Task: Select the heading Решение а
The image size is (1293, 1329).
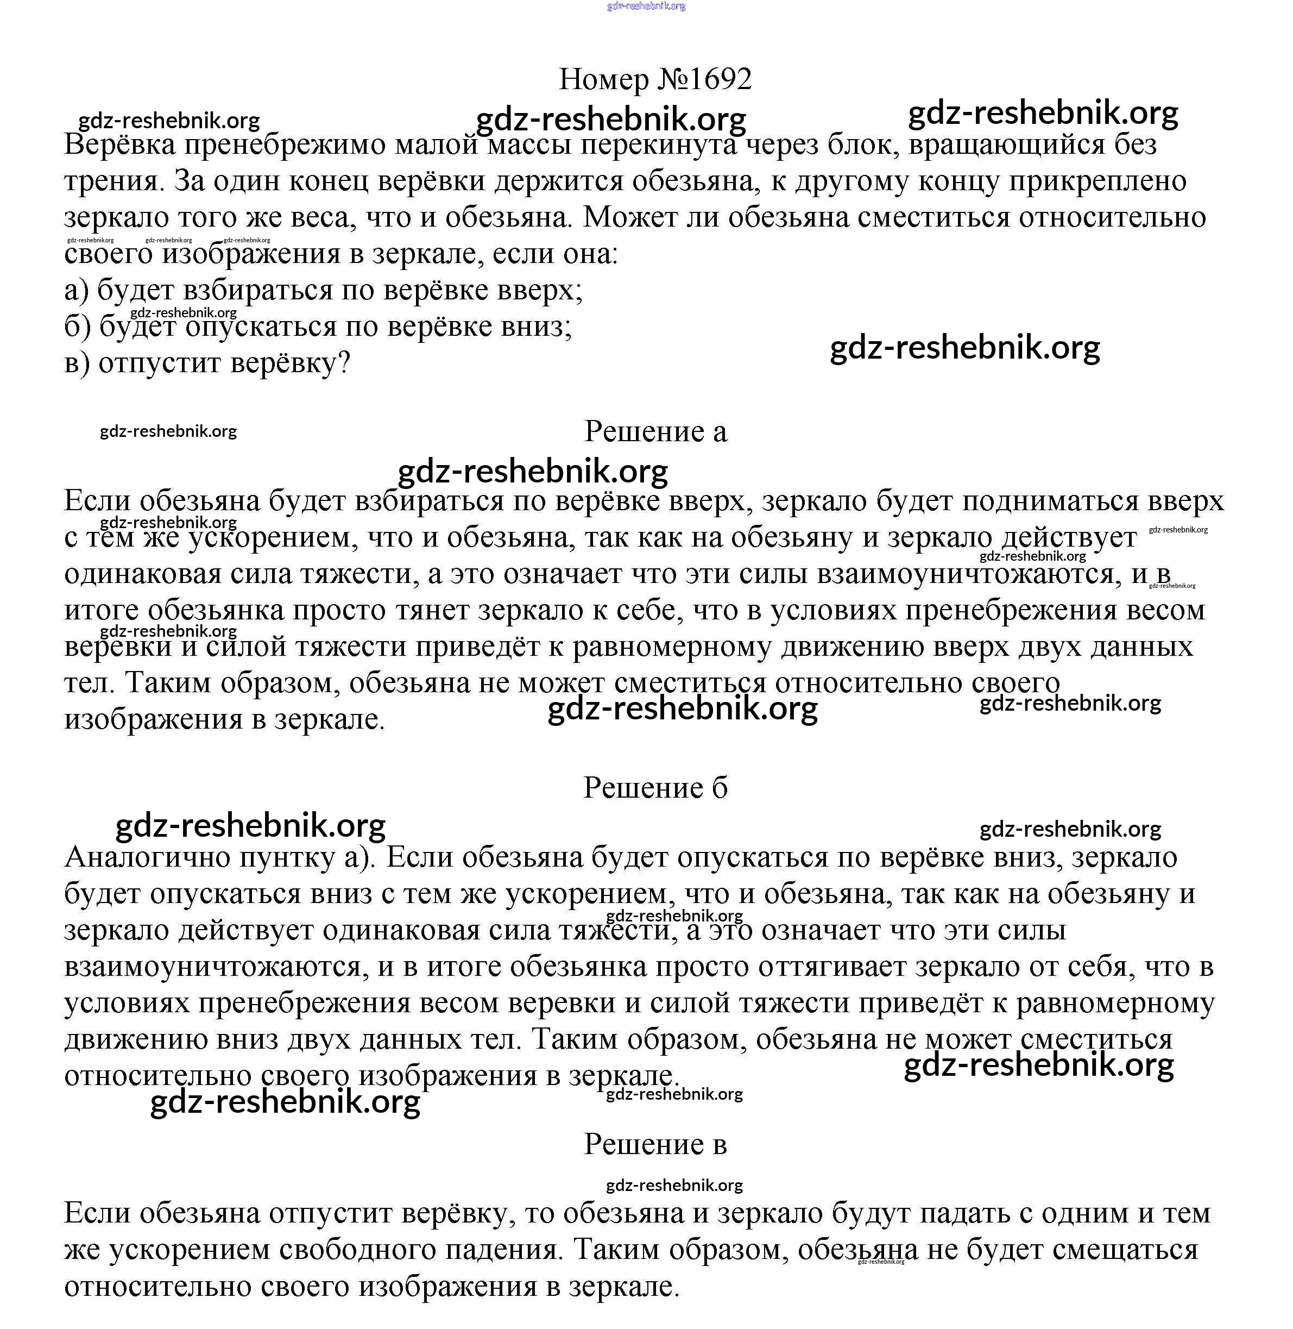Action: click(655, 431)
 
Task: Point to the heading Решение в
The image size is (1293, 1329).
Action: click(655, 1145)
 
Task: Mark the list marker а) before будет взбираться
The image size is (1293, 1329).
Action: click(77, 291)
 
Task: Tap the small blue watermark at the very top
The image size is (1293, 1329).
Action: click(646, 6)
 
